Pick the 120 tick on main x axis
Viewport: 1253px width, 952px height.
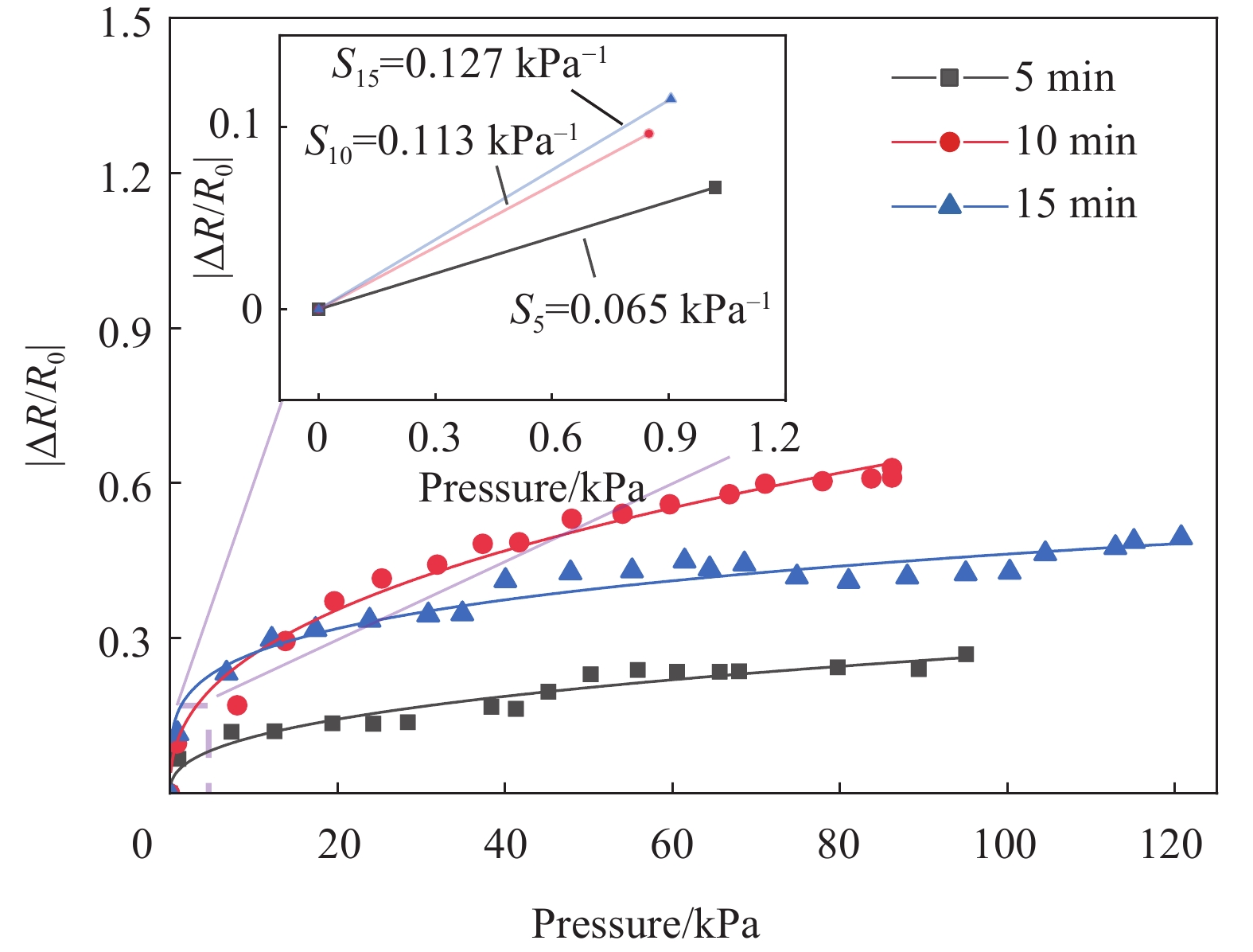1171,844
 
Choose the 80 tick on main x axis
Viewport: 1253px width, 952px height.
839,844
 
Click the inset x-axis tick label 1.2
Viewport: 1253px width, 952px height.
774,438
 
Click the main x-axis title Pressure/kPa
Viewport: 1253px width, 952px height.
645,923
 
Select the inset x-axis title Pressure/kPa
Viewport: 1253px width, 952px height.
531,487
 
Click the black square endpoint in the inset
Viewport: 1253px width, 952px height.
714,187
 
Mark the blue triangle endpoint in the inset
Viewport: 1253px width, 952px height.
671,99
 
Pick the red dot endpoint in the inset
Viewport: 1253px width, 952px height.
649,134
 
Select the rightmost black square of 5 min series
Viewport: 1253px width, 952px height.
966,654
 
